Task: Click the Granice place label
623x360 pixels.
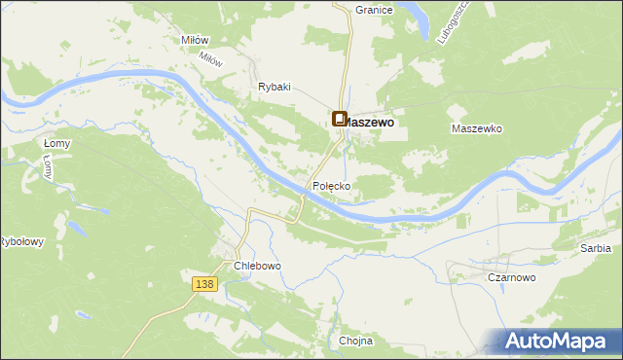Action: tap(374, 9)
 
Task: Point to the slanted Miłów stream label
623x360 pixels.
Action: tap(211, 58)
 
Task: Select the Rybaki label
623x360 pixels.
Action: tap(275, 87)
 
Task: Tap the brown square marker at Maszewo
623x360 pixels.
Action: tap(340, 120)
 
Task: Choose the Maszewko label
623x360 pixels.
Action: tap(476, 128)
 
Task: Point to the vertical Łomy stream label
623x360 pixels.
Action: tap(47, 169)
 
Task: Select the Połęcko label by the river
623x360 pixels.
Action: tap(331, 185)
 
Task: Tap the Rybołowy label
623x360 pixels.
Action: tap(20, 242)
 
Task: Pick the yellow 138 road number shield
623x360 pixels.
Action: tap(203, 283)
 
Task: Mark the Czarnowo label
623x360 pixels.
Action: tap(511, 277)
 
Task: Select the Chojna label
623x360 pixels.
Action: tap(356, 342)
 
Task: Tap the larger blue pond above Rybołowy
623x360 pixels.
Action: tap(71, 228)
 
